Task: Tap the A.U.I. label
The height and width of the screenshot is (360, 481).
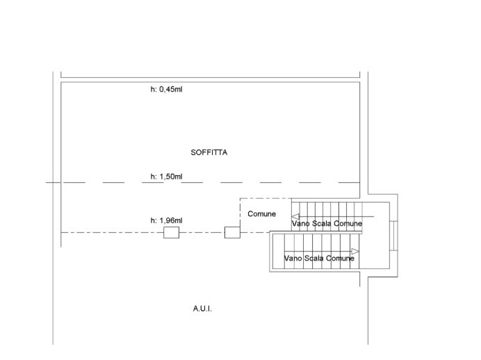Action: tap(202, 308)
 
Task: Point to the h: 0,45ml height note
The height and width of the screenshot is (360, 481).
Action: tap(167, 90)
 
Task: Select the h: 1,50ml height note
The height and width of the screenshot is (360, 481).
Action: tap(167, 177)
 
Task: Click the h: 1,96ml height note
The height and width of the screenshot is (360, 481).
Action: tap(167, 220)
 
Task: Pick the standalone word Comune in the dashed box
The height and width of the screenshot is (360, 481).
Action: tap(262, 214)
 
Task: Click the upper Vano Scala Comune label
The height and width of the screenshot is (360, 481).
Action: tap(327, 224)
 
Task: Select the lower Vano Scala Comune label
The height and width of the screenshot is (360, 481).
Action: tap(319, 259)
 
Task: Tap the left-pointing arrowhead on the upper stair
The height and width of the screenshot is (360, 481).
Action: tap(295, 216)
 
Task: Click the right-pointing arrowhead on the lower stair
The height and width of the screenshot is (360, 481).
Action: tap(355, 251)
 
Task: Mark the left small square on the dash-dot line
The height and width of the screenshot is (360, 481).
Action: tap(171, 232)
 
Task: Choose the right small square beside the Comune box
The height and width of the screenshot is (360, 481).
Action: tap(232, 232)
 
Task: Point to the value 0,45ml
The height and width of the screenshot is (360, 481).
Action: tap(171, 90)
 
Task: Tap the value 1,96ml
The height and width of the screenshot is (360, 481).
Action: tap(171, 220)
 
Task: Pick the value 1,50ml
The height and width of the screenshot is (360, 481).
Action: tap(171, 177)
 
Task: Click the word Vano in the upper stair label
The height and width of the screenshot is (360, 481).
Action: tap(300, 224)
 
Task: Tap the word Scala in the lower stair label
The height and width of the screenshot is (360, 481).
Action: tap(313, 259)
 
